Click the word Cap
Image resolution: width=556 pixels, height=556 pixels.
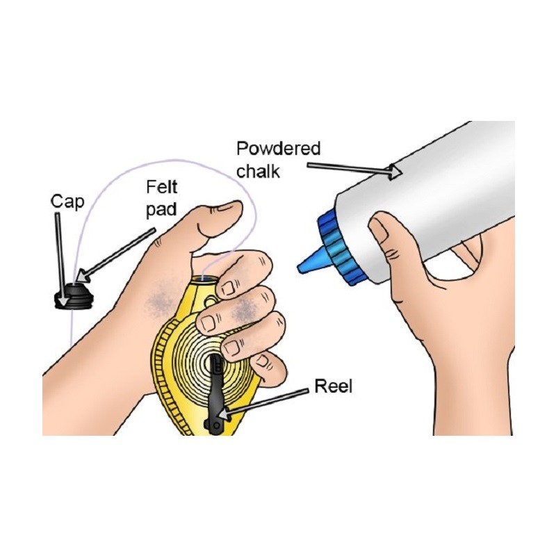click(x=67, y=203)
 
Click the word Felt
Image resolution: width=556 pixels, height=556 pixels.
click(x=162, y=187)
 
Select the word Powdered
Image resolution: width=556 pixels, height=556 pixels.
click(x=279, y=149)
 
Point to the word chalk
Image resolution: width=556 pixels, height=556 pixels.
click(x=258, y=171)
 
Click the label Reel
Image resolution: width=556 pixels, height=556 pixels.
click(x=334, y=386)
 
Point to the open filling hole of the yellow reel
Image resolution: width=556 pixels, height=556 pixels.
click(x=204, y=279)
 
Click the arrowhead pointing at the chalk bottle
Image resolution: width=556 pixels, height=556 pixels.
click(x=395, y=172)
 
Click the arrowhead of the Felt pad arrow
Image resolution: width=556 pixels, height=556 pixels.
click(x=83, y=275)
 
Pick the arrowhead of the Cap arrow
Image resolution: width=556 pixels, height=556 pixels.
click(x=63, y=300)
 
